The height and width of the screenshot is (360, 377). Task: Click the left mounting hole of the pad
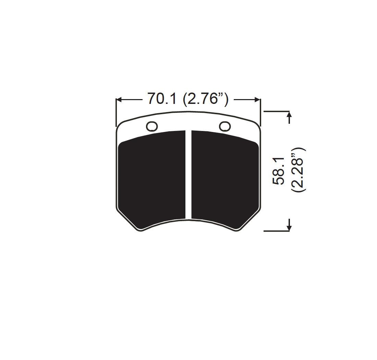pyautogui.click(x=152, y=126)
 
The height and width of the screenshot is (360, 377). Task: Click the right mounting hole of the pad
pyautogui.click(x=225, y=126)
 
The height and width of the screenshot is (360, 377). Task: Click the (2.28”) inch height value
pyautogui.click(x=298, y=169)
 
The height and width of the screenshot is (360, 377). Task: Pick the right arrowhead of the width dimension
pyautogui.click(x=257, y=99)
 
